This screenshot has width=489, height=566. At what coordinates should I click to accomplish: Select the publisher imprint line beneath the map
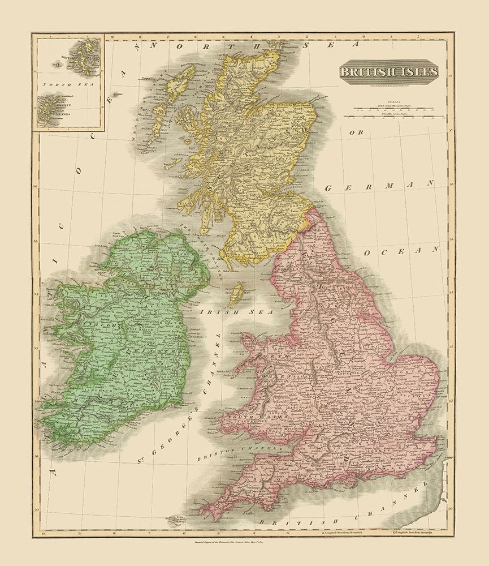pyautogui.click(x=244, y=546)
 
